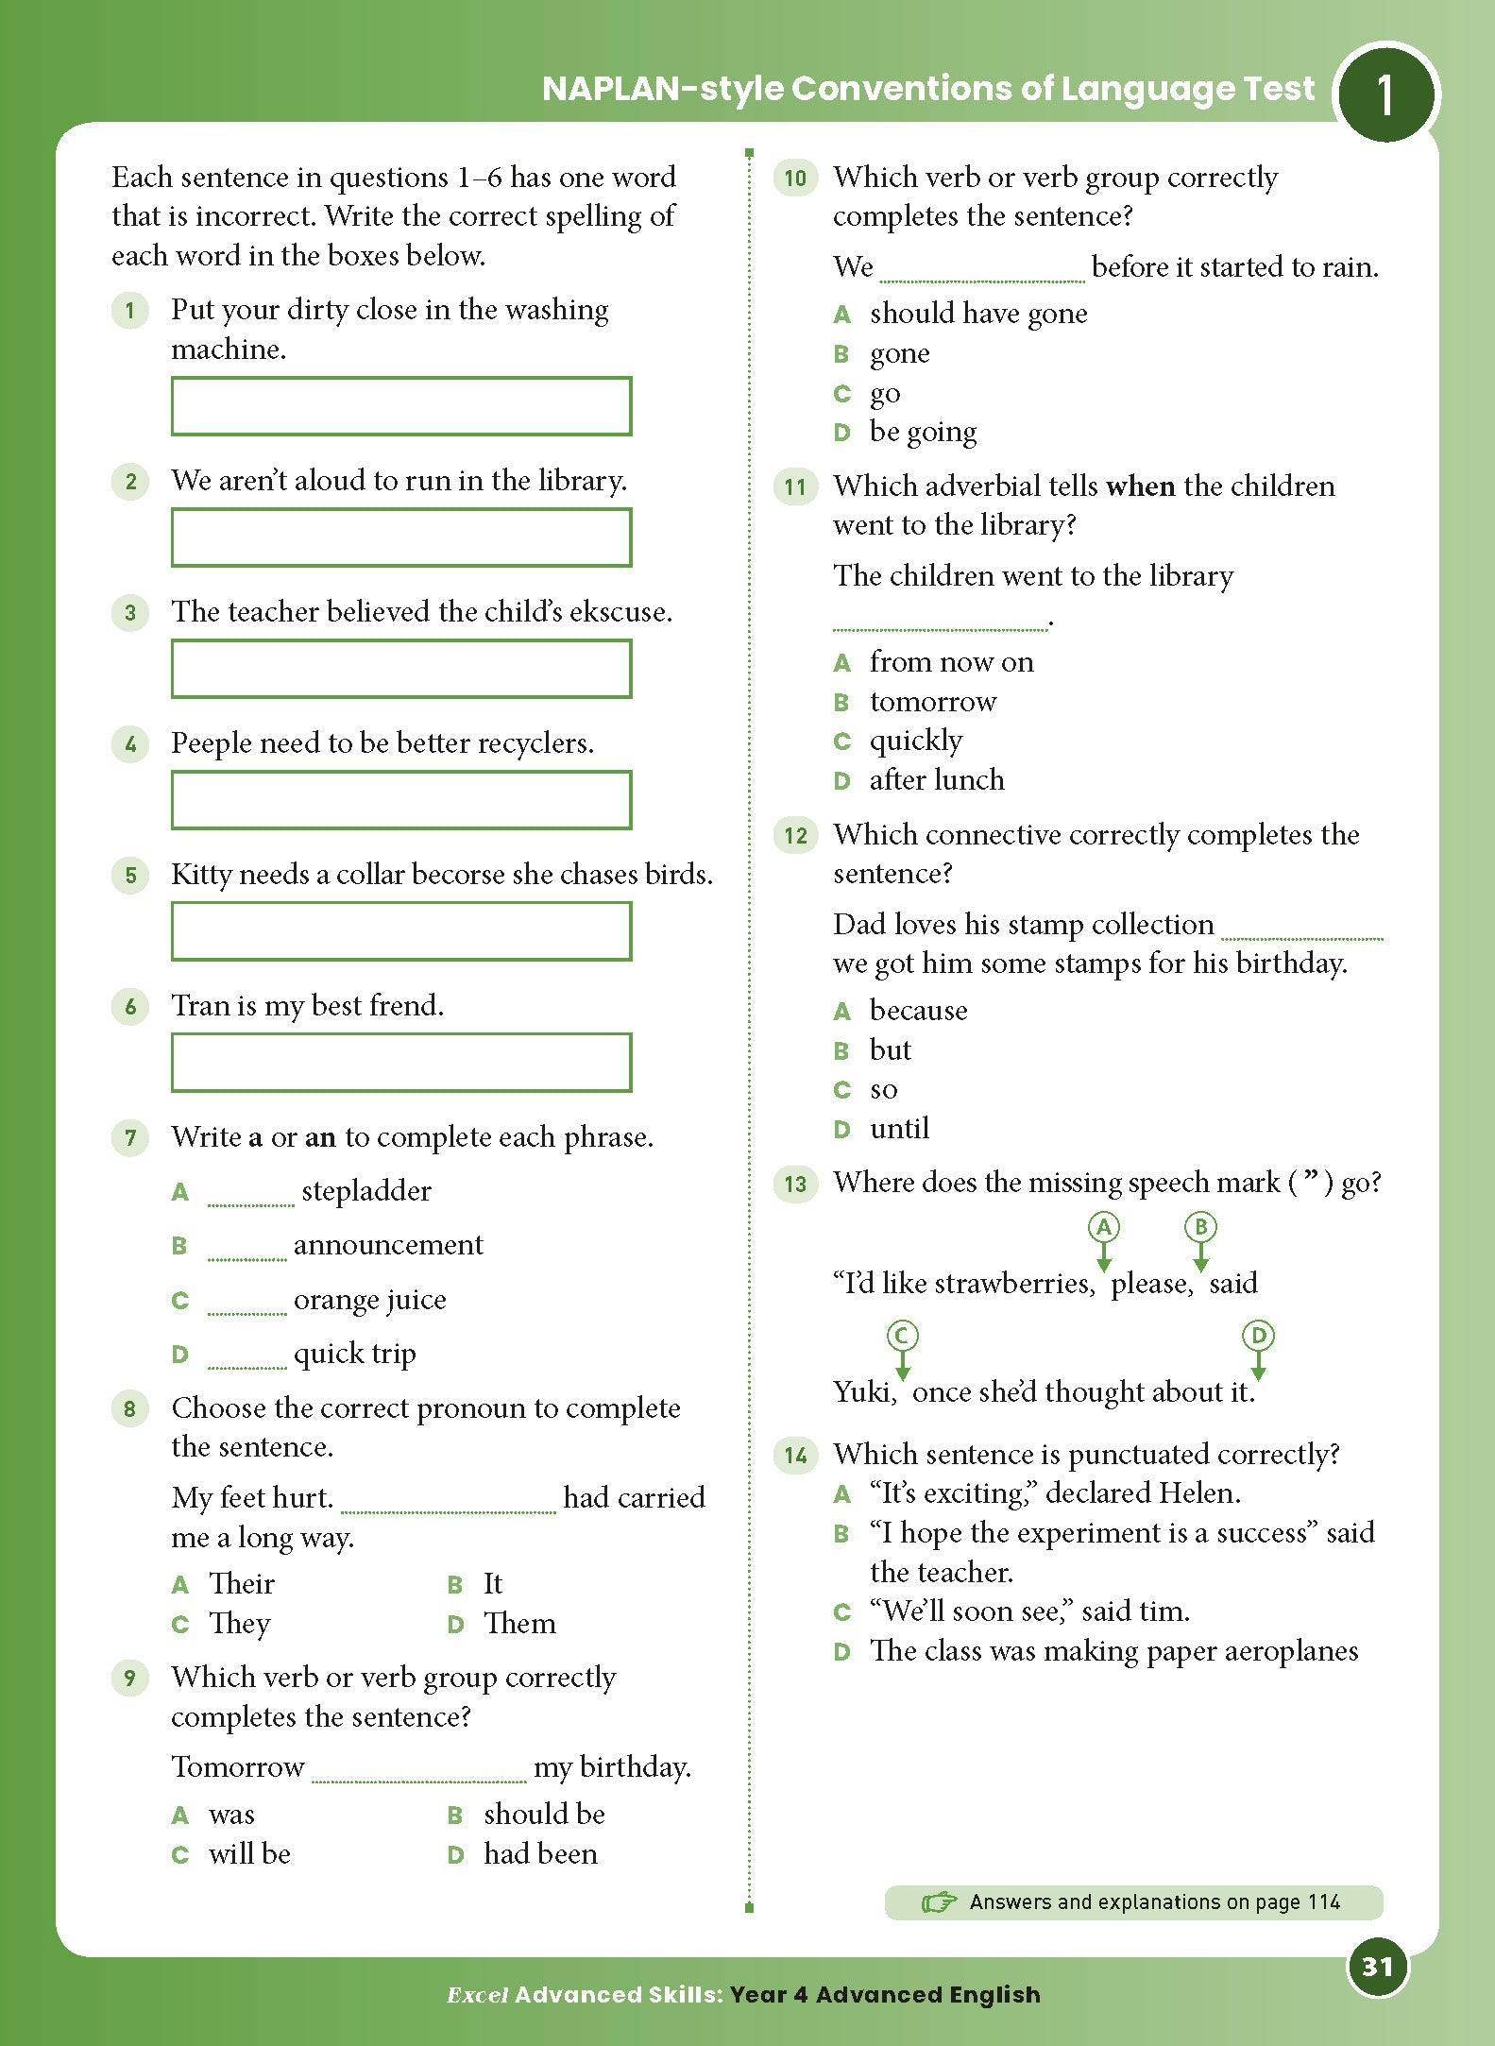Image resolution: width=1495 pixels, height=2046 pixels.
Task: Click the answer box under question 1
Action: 401,406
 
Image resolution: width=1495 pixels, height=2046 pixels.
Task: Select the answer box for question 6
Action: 401,1062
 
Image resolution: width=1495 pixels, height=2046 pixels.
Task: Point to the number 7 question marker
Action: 130,1137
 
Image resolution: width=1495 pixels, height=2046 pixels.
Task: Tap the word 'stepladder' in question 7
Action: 365,1191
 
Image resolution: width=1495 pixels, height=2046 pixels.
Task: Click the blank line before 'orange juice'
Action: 246,1309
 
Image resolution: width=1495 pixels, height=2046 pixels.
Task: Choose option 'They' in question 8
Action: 239,1623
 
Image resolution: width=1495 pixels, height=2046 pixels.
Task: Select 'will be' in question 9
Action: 249,1853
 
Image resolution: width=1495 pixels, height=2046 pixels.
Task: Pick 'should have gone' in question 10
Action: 977,314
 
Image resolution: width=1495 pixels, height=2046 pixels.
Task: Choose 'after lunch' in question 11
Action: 936,780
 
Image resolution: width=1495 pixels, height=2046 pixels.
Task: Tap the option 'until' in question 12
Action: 899,1128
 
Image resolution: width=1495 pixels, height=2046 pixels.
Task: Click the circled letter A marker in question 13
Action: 1103,1227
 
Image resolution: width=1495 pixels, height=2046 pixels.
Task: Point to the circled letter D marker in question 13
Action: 1257,1336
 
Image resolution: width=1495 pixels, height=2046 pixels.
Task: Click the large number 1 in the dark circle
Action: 1385,95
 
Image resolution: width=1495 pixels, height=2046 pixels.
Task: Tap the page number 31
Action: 1377,1967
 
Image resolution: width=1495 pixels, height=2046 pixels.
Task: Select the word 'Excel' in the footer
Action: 477,1995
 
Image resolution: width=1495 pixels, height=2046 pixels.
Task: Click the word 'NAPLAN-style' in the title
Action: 662,89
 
